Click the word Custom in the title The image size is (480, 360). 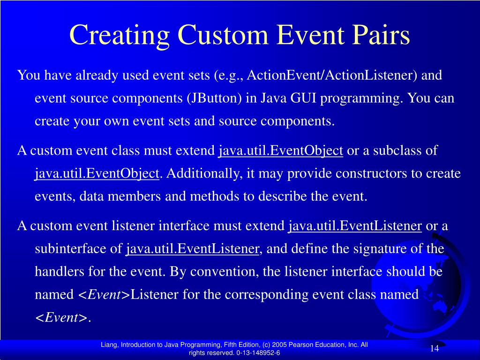coord(223,35)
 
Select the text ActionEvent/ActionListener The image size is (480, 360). coord(332,75)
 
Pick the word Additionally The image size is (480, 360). coord(202,173)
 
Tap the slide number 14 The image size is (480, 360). coord(435,348)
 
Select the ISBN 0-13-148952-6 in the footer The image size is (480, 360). coord(258,352)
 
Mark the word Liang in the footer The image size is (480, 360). coord(109,345)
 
